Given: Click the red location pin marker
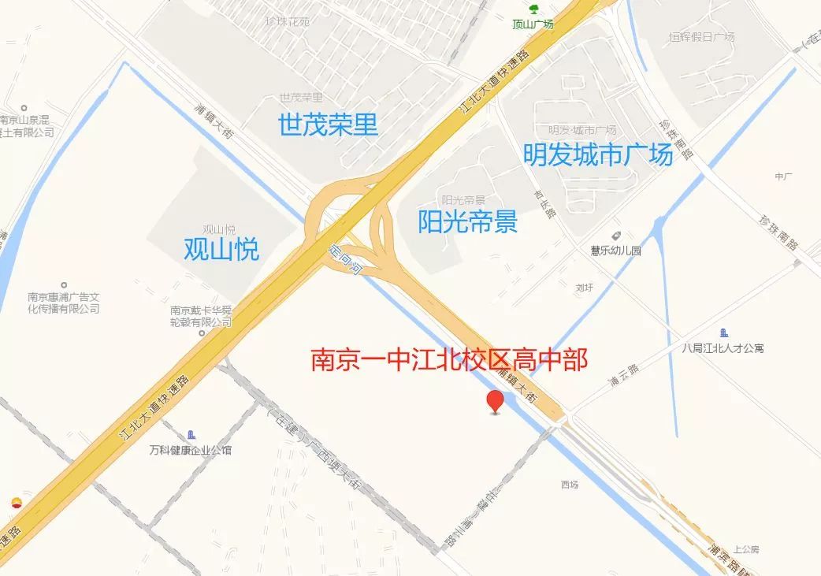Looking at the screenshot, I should pos(495,400).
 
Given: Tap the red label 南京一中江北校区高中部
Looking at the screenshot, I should pos(449,360).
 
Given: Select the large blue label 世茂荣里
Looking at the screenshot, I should pos(328,124).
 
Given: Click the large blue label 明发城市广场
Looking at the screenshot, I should pos(598,154).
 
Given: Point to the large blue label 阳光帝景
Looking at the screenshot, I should pos(467,222).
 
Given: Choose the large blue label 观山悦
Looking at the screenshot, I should pos(221,249).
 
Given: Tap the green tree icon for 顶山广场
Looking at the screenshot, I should pos(534,9).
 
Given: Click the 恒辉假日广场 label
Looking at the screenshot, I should pos(701,37).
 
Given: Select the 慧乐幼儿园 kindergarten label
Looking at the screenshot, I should pos(616,251).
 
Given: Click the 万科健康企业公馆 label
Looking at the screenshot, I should pos(191,451).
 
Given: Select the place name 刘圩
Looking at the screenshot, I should pos(584,288).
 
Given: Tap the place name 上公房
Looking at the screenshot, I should pos(745,549).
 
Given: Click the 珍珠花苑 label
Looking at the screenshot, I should pos(288,21).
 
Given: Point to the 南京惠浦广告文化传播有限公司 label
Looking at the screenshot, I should pos(64,303).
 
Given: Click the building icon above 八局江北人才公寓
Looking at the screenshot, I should pos(724,333).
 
